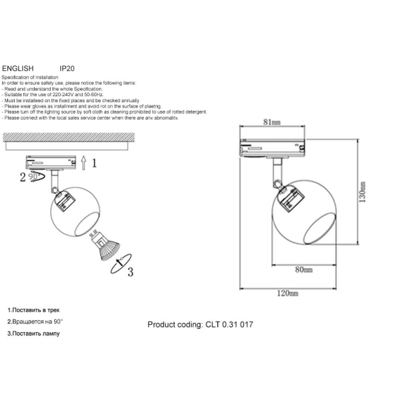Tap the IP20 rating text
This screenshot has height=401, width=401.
pos(67,69)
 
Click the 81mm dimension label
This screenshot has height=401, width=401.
pos(272,122)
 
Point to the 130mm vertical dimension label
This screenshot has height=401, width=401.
pos(363,193)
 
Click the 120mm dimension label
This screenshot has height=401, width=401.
pos(288,293)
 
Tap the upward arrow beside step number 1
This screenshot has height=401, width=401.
pos(83,162)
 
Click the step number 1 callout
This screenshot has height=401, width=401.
pos(95,162)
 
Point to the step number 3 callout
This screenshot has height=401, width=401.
pos(131,271)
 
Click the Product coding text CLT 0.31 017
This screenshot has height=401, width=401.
pos(200,325)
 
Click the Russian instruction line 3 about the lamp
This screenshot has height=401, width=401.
pos(33,333)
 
